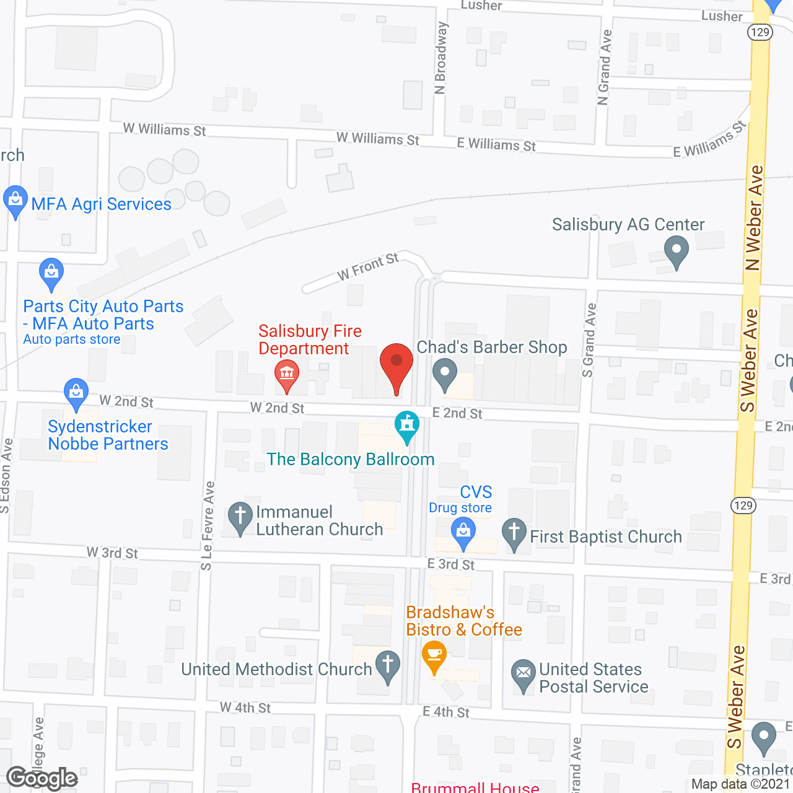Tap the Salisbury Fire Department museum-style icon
[x=286, y=374]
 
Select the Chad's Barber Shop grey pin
[x=444, y=374]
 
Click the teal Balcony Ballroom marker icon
[x=407, y=426]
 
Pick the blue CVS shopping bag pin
[x=463, y=532]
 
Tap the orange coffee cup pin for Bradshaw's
[x=434, y=655]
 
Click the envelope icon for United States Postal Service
[x=524, y=673]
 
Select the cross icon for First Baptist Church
[x=514, y=533]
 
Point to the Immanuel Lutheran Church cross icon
[x=240, y=517]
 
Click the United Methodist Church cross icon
[x=388, y=665]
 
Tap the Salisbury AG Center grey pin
[x=677, y=252]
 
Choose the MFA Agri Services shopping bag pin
[x=15, y=201]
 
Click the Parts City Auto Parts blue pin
[x=51, y=273]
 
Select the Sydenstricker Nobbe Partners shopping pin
[x=76, y=393]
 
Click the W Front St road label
[x=368, y=266]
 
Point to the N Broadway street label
[x=440, y=58]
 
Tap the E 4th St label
[x=446, y=712]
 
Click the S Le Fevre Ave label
[x=208, y=525]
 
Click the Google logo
[x=42, y=778]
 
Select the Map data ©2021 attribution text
[x=740, y=784]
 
